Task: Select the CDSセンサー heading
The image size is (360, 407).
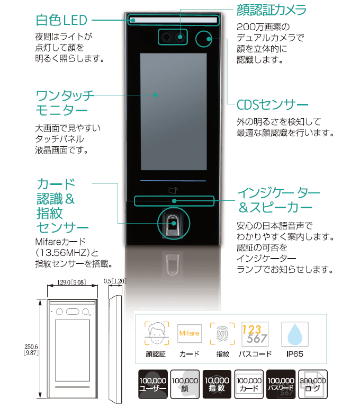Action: (272, 104)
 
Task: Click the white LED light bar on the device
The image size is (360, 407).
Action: (173, 20)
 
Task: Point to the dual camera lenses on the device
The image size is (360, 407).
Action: (174, 37)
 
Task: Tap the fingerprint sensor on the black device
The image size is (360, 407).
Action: (172, 225)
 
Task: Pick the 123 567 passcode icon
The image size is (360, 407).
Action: (254, 333)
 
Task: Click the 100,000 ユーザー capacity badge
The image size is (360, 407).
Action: (152, 384)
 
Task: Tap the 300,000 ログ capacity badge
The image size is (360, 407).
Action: (312, 384)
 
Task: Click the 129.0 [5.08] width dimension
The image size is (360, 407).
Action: (70, 283)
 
